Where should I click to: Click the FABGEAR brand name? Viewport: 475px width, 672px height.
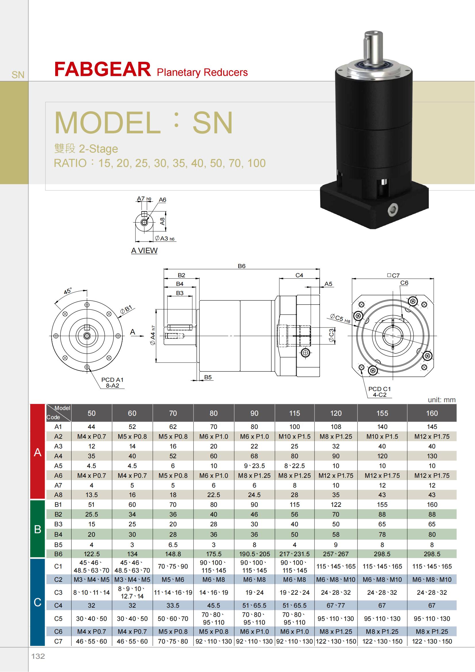point(102,70)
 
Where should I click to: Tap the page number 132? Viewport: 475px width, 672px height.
point(38,656)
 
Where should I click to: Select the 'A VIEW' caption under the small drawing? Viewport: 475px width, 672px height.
point(144,251)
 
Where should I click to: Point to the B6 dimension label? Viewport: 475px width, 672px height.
point(242,266)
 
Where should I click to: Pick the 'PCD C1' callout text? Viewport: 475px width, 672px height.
point(379,389)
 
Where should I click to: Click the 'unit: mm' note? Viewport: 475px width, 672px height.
point(442,400)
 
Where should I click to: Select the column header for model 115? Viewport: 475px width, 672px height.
point(295,413)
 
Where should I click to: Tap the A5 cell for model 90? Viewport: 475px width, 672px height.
point(254,466)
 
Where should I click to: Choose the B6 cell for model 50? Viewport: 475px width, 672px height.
point(92,554)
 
